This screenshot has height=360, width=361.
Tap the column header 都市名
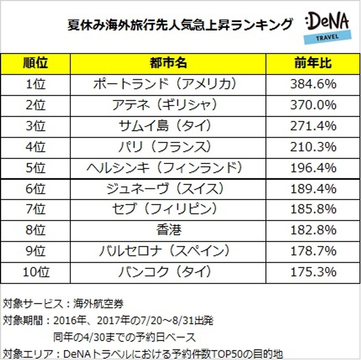tap(168, 63)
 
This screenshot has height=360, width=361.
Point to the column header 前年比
tap(313, 63)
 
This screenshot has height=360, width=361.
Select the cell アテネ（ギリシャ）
tap(168, 105)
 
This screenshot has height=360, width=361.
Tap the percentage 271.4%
tap(313, 126)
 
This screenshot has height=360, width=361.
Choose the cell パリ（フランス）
tap(168, 146)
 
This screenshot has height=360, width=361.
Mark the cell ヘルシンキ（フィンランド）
tap(168, 168)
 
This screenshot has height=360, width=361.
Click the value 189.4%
tap(313, 189)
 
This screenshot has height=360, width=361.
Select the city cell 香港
tap(168, 230)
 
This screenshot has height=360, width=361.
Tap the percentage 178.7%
tap(313, 251)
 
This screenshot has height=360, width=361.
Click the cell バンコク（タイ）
tap(168, 272)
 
